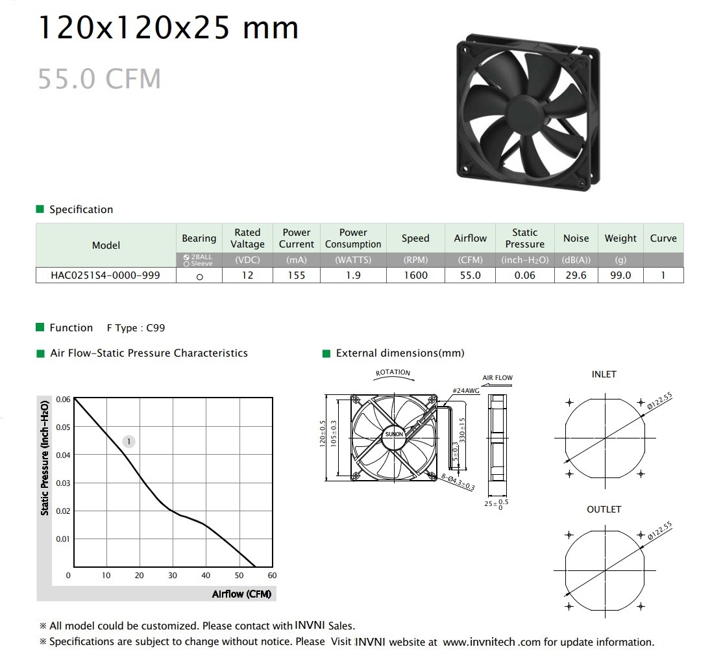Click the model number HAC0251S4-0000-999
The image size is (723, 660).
(x=105, y=275)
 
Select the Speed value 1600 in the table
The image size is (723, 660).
(x=415, y=275)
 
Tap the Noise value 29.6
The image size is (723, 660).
(x=576, y=275)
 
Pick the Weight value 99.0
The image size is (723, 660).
(x=620, y=275)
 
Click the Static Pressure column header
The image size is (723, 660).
(x=525, y=238)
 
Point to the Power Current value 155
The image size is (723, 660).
(x=297, y=275)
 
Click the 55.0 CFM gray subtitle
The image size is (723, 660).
(x=99, y=79)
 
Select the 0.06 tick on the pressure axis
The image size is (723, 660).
(x=63, y=400)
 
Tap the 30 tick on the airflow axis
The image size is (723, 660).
(x=173, y=576)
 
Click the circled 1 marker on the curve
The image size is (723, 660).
(x=129, y=442)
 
